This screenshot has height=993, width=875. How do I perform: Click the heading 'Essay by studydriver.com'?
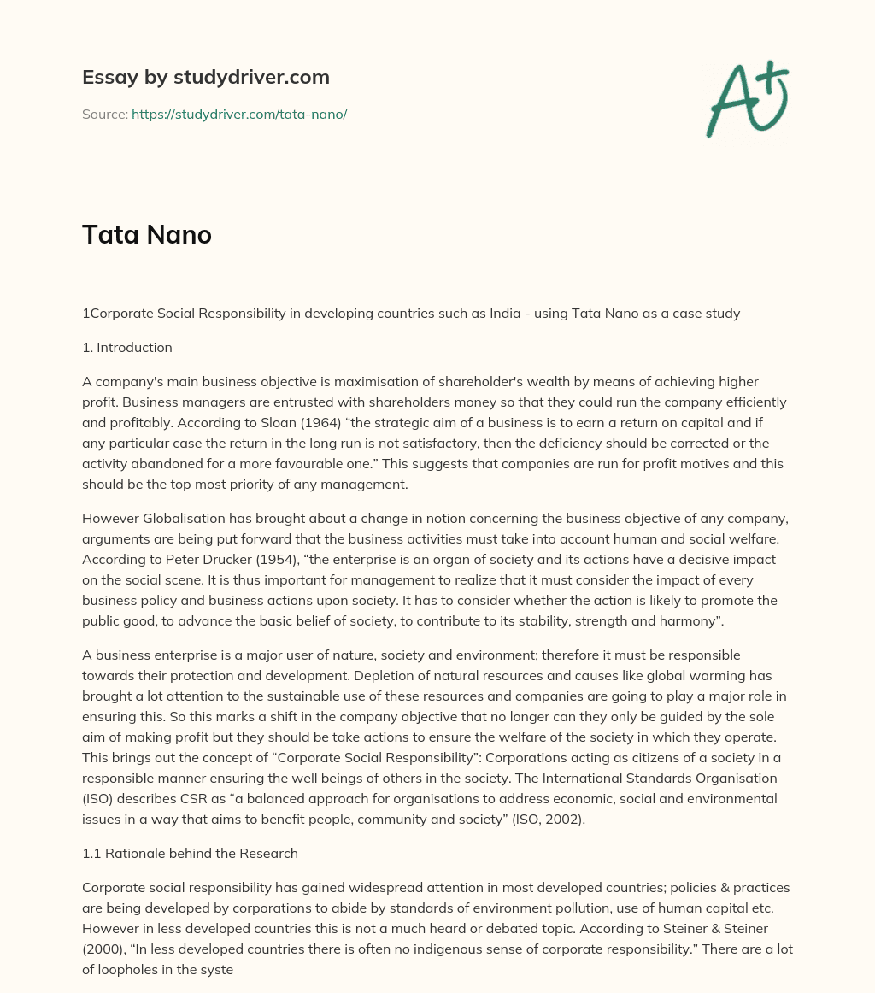pyautogui.click(x=205, y=78)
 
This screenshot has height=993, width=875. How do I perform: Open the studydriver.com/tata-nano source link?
pyautogui.click(x=238, y=114)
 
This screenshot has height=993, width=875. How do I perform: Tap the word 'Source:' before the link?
pyautogui.click(x=104, y=114)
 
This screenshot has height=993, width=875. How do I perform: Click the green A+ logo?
pyautogui.click(x=745, y=98)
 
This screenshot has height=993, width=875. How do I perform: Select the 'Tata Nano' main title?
pyautogui.click(x=147, y=235)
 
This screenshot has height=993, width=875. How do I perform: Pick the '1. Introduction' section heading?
pyautogui.click(x=127, y=348)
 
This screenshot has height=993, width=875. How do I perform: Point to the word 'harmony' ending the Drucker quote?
pyautogui.click(x=684, y=620)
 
